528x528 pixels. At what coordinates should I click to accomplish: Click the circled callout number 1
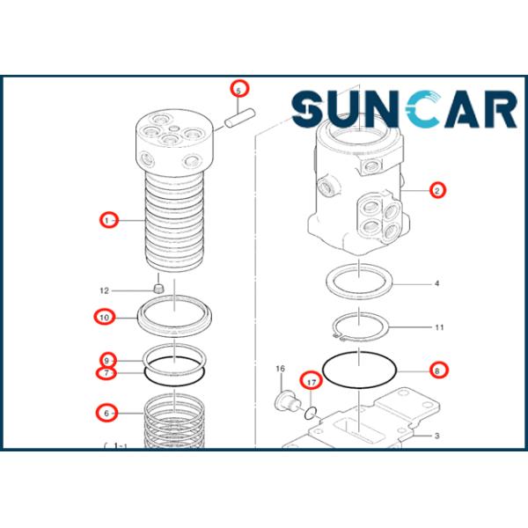click(107, 221)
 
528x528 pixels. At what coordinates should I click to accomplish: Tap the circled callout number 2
click(437, 191)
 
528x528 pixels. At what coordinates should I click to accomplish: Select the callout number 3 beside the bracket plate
click(436, 436)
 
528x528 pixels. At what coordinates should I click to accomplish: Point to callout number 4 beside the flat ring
click(436, 283)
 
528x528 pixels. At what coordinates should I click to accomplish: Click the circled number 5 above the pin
click(238, 91)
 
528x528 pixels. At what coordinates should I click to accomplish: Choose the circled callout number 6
click(106, 414)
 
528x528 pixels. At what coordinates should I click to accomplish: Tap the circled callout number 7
click(106, 373)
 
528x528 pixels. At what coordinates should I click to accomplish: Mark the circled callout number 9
click(106, 361)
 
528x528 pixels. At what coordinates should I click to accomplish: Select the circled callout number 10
click(105, 318)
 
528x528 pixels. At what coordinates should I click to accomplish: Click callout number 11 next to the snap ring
click(439, 327)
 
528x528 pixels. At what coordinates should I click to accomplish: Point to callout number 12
click(105, 290)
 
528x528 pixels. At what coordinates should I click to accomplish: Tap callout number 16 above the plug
click(280, 369)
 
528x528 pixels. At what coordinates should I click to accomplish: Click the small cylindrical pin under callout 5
click(240, 117)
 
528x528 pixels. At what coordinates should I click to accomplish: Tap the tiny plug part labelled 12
click(158, 289)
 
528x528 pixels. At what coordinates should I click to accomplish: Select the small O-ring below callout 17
click(311, 414)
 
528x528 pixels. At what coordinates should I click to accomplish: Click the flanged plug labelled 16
click(287, 400)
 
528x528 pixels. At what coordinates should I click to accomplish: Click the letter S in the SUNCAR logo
click(309, 109)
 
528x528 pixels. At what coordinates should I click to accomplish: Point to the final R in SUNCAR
click(500, 109)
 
